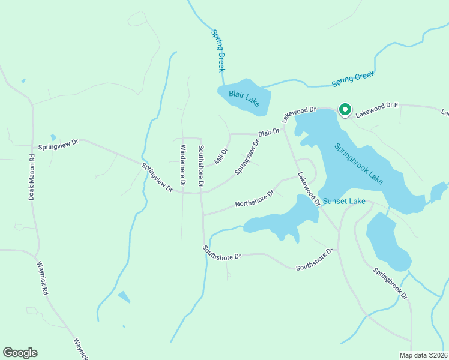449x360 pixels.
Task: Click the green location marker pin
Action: (x=345, y=110)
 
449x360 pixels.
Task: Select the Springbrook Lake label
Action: (x=358, y=164)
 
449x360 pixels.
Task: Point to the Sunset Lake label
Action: (x=344, y=202)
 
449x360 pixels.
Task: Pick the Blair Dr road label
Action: (x=269, y=132)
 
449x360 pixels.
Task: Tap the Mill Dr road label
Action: (x=221, y=157)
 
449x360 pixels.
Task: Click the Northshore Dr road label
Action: (x=255, y=199)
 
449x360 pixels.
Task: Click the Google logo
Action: (x=20, y=353)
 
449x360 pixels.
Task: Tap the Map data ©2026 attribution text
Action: (x=423, y=355)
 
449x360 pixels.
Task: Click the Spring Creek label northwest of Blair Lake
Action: (x=217, y=47)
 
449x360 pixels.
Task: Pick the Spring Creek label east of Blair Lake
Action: (x=353, y=80)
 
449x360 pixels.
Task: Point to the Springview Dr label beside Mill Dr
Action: (x=247, y=157)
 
